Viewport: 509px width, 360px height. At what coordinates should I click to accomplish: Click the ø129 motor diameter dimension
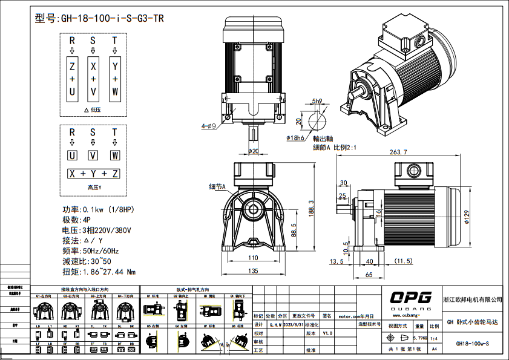(x=467, y=217)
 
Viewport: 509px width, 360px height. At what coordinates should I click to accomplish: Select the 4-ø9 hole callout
(x=208, y=126)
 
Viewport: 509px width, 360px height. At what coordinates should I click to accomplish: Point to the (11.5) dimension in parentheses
(x=403, y=261)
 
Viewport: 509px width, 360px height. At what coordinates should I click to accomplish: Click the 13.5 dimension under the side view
(x=337, y=261)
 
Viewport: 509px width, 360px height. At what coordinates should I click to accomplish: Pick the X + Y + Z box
(x=93, y=174)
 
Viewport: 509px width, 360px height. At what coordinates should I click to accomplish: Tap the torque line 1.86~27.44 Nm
(x=99, y=272)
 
